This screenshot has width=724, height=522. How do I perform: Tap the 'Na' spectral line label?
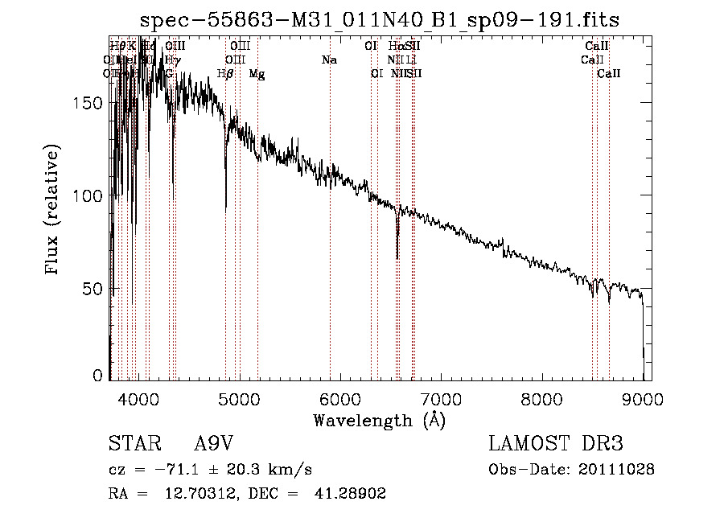click(328, 60)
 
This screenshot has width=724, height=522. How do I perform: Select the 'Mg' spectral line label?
click(257, 74)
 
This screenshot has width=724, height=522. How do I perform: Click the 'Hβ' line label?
click(225, 74)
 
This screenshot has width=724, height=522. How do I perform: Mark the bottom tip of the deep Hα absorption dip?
click(397, 258)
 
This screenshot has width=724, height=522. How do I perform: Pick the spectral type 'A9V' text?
click(215, 445)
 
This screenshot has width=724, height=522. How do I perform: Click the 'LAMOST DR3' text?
click(556, 445)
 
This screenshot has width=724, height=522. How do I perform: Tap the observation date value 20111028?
click(616, 469)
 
